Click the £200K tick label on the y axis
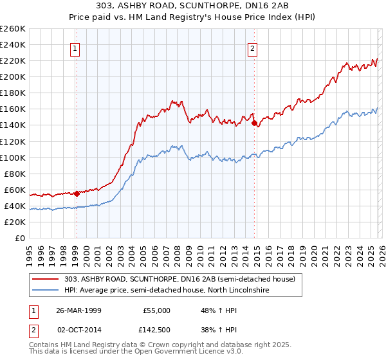pyautogui.click(x=13, y=76)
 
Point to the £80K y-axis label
pyautogui.click(x=14, y=174)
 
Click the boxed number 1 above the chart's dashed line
pyautogui.click(x=76, y=48)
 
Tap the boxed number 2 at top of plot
pyautogui.click(x=253, y=48)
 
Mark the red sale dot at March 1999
pyautogui.click(x=77, y=193)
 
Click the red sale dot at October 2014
pyautogui.click(x=254, y=123)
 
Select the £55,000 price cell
pyautogui.click(x=156, y=310)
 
